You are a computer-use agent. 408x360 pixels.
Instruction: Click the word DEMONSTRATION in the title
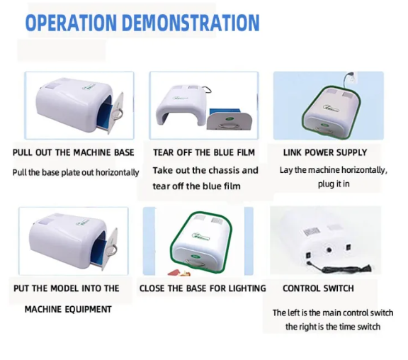191,23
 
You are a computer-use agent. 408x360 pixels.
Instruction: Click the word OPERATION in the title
71,23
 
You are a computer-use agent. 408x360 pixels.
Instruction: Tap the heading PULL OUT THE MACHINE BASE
74,152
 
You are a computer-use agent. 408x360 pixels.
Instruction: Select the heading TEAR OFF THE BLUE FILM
204,152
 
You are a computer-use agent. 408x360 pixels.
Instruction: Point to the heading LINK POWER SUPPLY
325,152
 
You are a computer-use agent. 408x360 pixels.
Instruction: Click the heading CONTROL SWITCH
318,288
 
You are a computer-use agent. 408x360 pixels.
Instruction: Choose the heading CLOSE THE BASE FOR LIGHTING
203,288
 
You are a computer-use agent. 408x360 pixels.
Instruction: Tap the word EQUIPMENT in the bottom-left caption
89,309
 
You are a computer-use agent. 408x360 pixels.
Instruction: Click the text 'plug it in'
334,184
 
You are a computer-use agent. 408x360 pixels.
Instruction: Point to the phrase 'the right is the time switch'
333,327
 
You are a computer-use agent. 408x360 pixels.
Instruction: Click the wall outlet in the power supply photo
353,77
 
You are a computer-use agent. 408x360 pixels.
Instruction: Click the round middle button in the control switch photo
329,250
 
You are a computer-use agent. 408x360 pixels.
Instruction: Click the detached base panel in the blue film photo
229,120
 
